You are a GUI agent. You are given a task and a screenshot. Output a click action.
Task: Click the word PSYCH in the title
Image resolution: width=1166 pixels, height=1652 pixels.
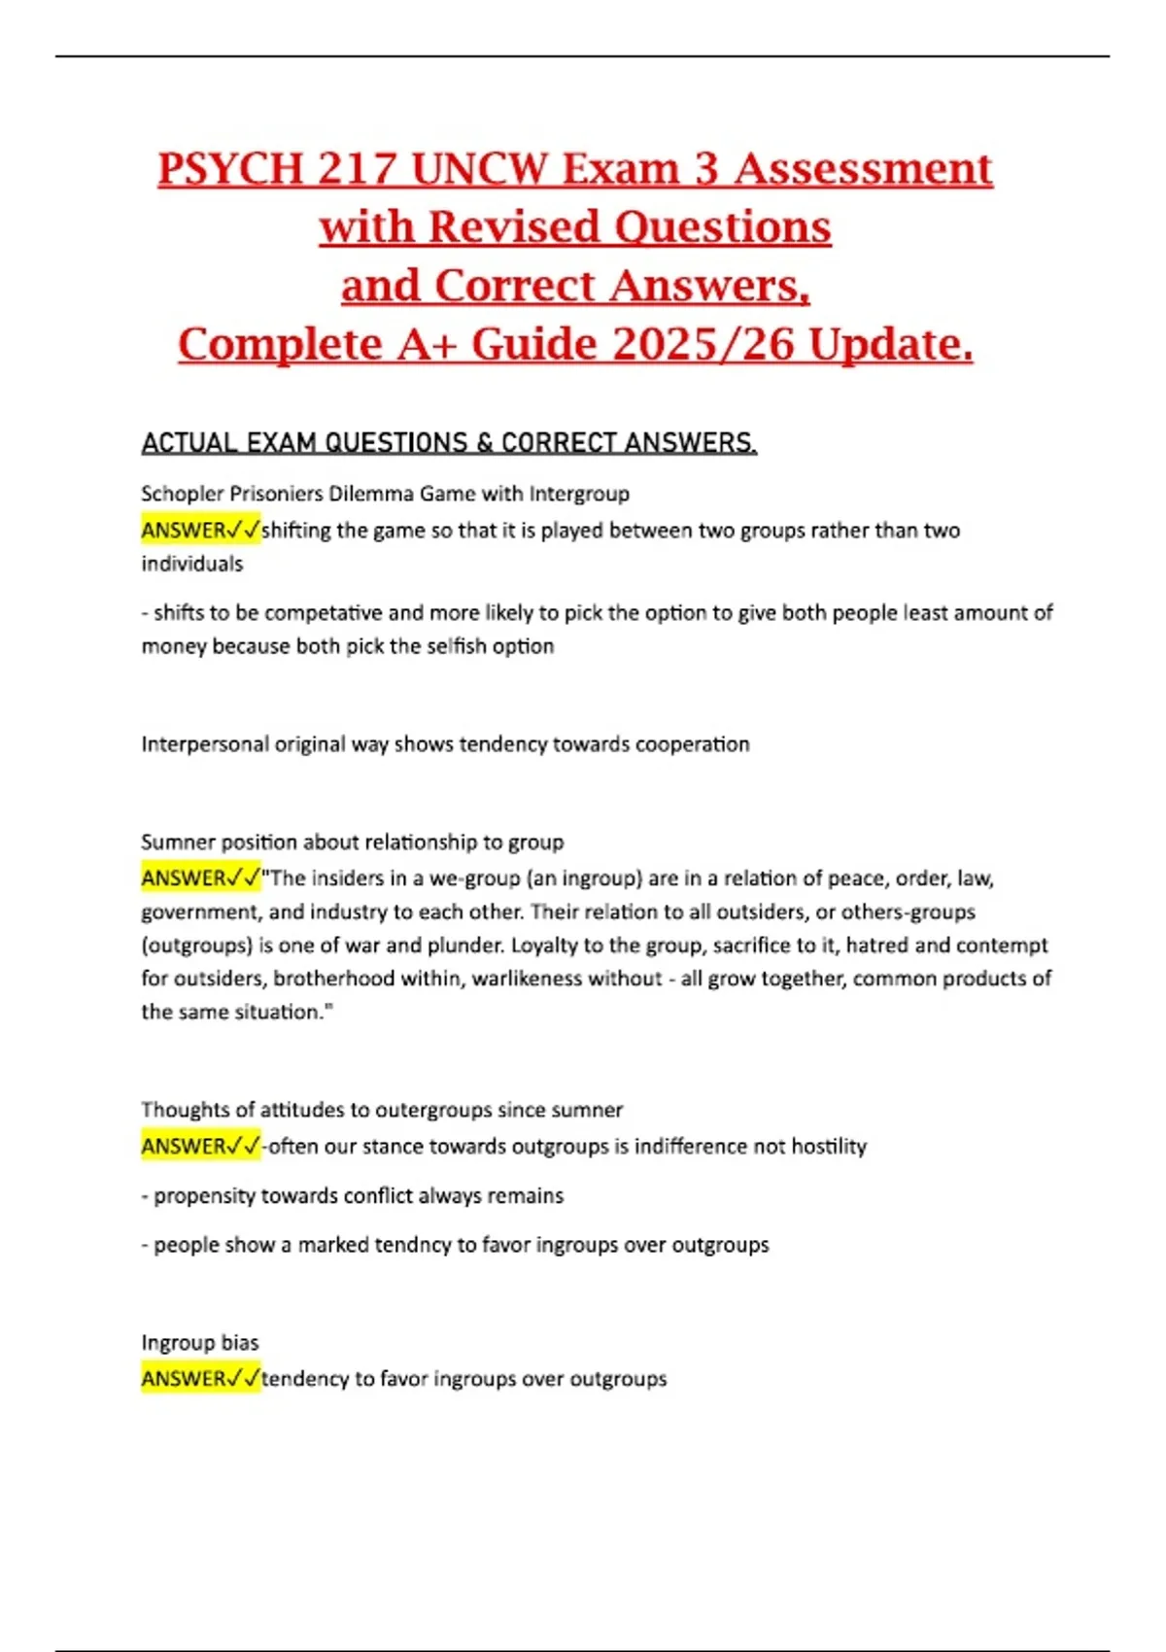coord(230,169)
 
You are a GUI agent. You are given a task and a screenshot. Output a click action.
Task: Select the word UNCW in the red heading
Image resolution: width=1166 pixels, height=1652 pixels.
coord(480,169)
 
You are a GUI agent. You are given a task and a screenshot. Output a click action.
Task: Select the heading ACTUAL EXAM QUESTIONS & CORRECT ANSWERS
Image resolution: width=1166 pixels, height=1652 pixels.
coord(449,443)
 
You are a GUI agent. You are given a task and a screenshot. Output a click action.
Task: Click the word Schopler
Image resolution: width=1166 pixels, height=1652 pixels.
coord(183,494)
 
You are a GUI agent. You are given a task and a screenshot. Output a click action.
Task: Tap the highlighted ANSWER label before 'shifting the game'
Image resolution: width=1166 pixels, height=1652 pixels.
coord(200,531)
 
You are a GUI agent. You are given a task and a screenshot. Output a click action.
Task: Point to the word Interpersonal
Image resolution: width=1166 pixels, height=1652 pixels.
coord(203,744)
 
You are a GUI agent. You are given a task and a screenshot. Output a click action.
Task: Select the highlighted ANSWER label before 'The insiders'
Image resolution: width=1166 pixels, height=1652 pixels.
coord(200,878)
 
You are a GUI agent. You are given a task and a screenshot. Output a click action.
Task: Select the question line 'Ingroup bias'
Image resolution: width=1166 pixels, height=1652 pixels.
coord(200,1343)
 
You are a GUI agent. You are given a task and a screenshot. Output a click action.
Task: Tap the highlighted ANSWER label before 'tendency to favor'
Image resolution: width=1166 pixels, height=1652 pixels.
coord(200,1379)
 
